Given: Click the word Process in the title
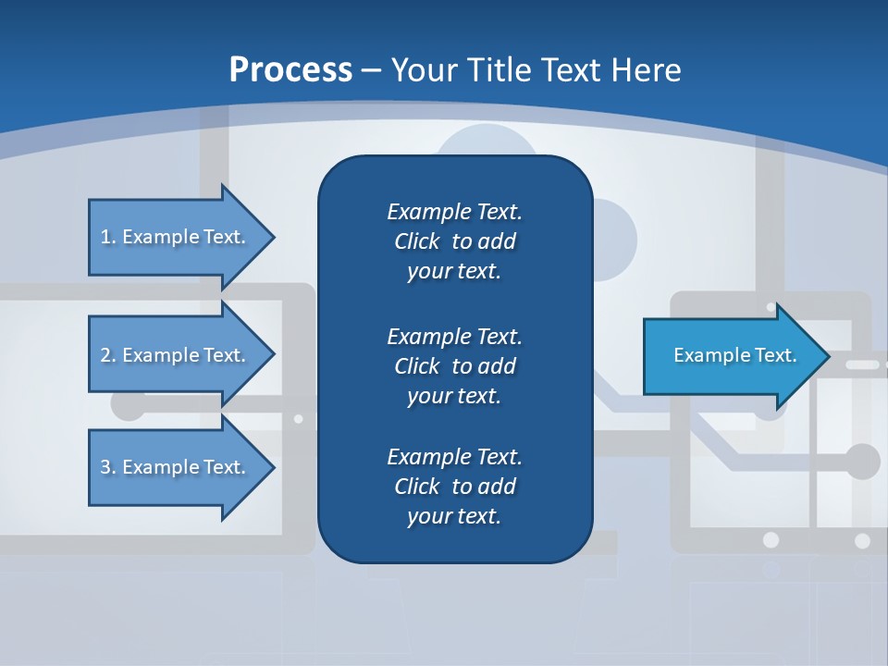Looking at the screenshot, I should coord(290,70).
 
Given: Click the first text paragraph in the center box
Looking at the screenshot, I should coord(454,241).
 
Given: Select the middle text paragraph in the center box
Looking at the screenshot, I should coord(454,366).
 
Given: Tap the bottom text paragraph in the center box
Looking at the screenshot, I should coord(454,487).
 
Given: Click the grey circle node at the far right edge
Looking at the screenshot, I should coord(862,461).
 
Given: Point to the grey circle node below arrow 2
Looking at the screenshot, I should coord(127,404).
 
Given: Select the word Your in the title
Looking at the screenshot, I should coord(422,70).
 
